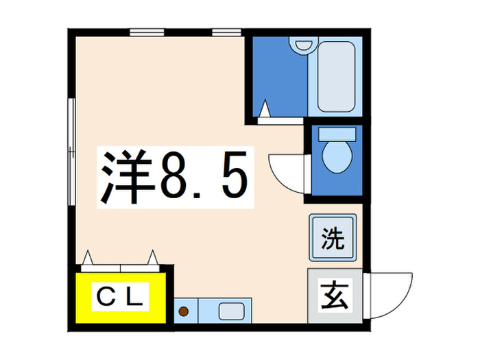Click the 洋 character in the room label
[127, 178]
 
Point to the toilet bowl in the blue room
[336, 156]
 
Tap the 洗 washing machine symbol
[333, 238]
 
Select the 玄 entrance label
[333, 297]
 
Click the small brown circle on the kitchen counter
[184, 312]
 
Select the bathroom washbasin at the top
[302, 45]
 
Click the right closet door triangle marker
[152, 258]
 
